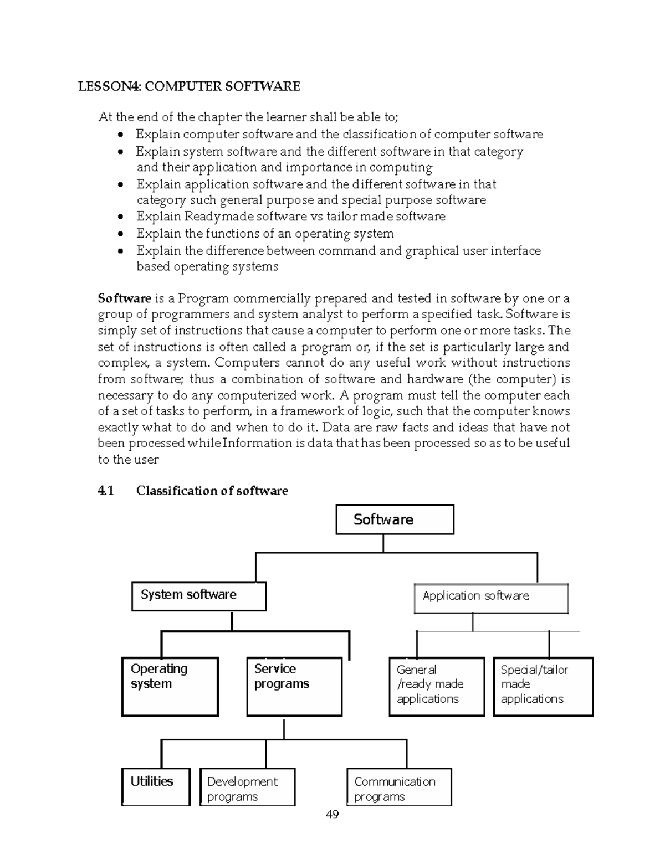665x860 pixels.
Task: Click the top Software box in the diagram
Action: tap(395, 519)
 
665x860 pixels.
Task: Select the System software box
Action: tap(198, 596)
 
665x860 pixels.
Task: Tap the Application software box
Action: tap(491, 598)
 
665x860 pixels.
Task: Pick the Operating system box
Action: tap(170, 686)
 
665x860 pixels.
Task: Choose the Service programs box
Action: tap(294, 686)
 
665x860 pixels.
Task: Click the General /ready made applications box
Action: tap(436, 686)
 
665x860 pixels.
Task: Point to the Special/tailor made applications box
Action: tap(543, 686)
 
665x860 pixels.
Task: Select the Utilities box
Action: tap(156, 786)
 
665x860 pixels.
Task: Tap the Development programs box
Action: tap(247, 786)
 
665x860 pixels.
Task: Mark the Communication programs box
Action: tap(399, 786)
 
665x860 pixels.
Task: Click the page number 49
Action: tap(332, 814)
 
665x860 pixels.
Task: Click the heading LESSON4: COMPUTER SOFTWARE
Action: tap(189, 86)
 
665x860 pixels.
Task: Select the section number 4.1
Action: tap(105, 491)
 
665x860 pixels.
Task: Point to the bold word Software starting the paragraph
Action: tap(124, 298)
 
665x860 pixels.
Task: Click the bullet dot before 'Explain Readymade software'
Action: tap(121, 217)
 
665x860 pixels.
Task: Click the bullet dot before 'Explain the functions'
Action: tap(121, 234)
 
